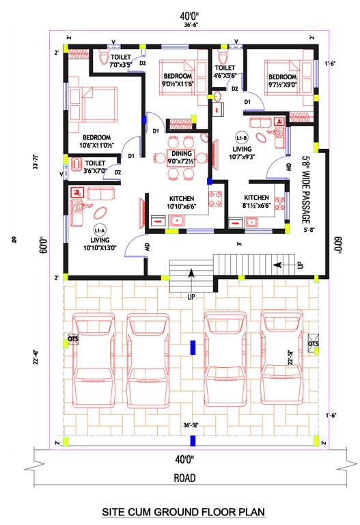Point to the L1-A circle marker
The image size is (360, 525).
[98, 231]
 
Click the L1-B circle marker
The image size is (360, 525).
[242, 135]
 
